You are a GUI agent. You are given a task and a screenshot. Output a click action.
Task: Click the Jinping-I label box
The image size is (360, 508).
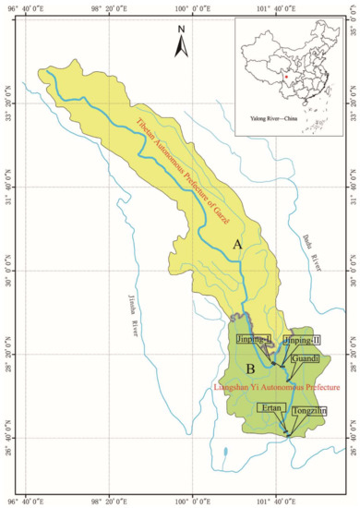coord(255,341)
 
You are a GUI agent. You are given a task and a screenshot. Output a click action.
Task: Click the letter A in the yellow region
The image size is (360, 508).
coord(236,244)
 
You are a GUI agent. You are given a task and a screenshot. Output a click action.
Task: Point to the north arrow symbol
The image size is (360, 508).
coord(183,41)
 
